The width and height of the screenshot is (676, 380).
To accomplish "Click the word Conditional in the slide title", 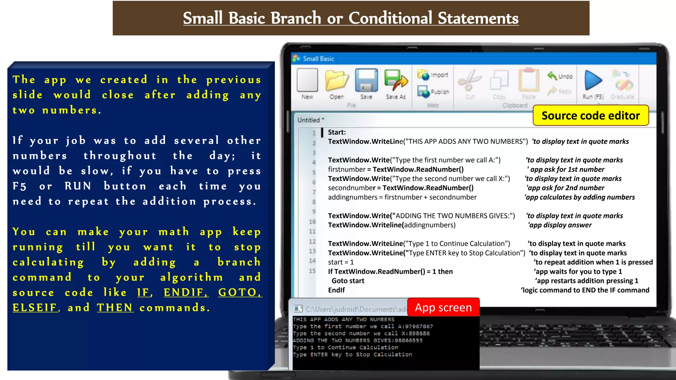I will pos(390,18).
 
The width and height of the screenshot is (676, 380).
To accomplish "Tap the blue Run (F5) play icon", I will pos(593,80).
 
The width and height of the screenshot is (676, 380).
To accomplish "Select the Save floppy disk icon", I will pos(366,80).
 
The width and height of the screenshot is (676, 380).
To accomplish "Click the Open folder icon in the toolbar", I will pos(336,80).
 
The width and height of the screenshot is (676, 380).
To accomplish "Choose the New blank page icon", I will pos(307,80).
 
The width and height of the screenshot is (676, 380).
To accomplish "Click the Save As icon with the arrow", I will pos(395,80).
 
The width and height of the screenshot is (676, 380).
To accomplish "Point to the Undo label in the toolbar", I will pos(565,77).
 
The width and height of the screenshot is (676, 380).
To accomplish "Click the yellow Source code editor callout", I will pos(591,115).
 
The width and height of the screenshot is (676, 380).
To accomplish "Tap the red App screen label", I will pos(443,307).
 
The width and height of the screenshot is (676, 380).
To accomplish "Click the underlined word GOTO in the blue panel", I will pos(239,292).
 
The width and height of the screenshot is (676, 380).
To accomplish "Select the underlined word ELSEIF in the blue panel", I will pos(35,307).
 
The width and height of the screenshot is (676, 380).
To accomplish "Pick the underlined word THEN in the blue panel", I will pos(115,307).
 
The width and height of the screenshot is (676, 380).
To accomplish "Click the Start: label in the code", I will pos(337,132).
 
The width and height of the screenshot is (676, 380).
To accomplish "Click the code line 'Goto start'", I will pos(348,281).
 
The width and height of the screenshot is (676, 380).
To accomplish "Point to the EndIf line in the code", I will pos(336,290).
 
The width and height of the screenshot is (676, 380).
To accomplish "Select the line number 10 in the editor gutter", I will pos(312,222).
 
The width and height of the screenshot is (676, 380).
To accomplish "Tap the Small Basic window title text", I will pos(319,59).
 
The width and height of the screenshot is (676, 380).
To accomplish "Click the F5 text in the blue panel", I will pos(19,186).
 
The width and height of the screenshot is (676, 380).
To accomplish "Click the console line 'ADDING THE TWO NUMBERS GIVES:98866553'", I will pos(357,340).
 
